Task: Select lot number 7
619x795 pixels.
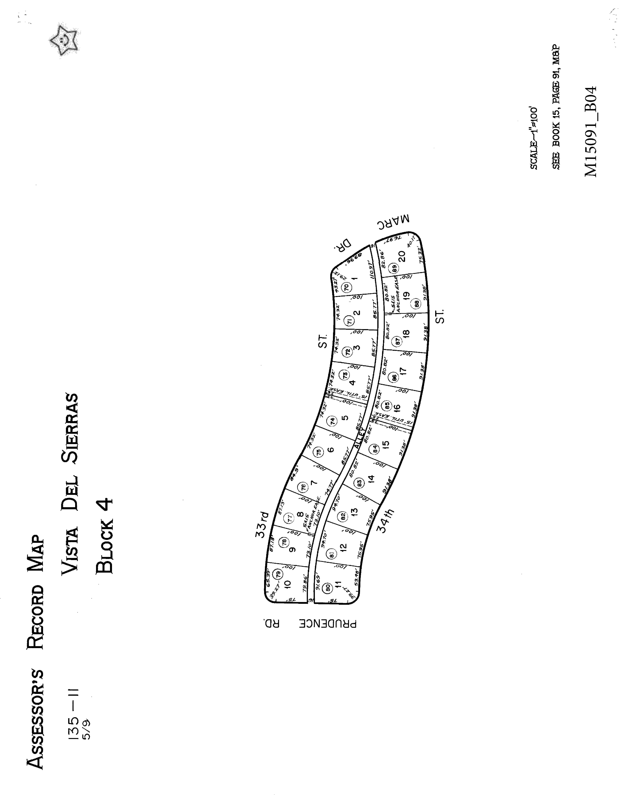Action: pos(314,483)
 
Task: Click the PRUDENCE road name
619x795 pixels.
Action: pos(328,624)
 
